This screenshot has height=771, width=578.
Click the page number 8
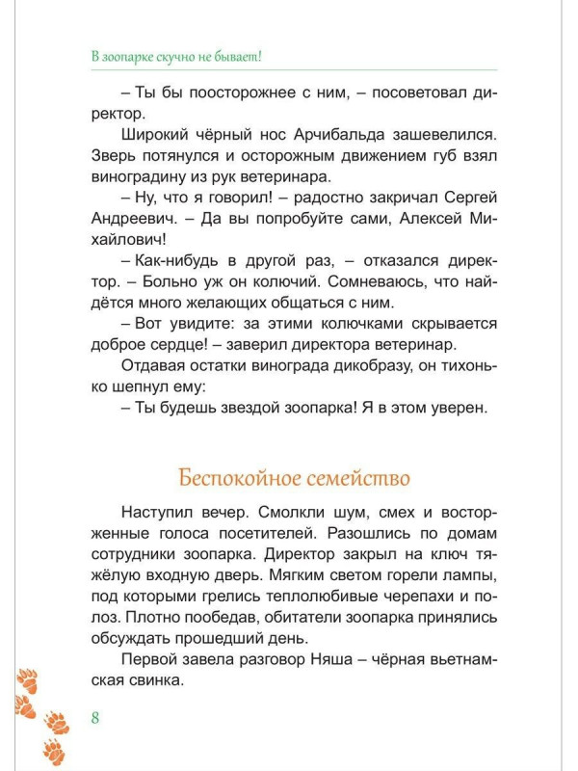[94, 717]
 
